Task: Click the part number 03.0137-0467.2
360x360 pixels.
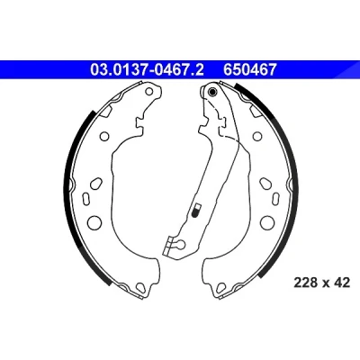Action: [147, 69]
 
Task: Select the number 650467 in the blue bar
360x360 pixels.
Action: [249, 69]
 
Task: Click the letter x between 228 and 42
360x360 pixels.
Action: [325, 283]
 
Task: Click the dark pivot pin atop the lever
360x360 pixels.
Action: [212, 92]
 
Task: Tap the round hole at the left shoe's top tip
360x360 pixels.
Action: [149, 92]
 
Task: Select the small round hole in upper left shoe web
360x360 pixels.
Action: [104, 136]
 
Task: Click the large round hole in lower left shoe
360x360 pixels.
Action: [94, 222]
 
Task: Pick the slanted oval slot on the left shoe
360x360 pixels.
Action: [96, 183]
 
